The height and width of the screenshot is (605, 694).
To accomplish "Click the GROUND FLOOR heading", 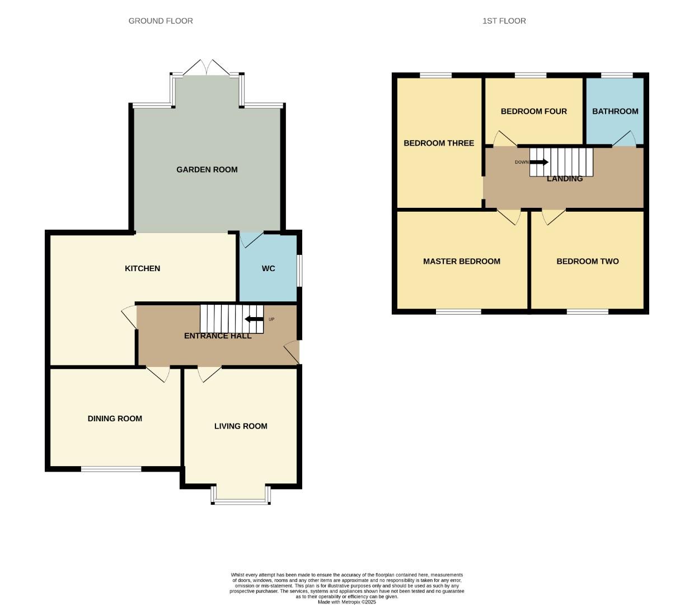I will [x=161, y=21].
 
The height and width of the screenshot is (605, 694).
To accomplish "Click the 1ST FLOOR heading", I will [x=504, y=21].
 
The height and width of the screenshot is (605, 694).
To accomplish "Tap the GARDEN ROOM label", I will [x=207, y=169].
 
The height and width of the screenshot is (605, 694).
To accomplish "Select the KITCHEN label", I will [x=142, y=268].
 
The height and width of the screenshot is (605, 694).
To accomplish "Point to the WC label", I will [x=269, y=268].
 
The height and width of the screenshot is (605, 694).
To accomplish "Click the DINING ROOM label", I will [x=115, y=418].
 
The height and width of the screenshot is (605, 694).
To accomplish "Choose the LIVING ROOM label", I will [x=241, y=426].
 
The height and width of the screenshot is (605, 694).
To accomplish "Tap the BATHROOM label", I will [x=615, y=111].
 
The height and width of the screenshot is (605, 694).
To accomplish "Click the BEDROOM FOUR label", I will [x=533, y=111].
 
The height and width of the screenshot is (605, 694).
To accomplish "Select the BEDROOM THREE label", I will [x=439, y=143].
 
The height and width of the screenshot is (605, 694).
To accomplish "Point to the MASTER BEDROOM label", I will [x=462, y=261].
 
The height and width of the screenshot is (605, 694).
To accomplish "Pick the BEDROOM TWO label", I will [x=588, y=261].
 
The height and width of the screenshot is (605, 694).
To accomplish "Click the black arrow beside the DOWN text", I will [x=539, y=162].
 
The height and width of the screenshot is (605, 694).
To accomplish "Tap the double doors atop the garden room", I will [x=207, y=68].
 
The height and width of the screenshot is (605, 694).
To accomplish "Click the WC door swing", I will [x=251, y=239].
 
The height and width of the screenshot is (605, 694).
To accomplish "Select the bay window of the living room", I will [x=241, y=495].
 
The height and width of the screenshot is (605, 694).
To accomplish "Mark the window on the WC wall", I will [x=299, y=271].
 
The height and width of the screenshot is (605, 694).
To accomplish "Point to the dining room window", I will [x=111, y=469].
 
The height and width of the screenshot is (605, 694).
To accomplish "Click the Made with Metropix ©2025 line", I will [x=347, y=602].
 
